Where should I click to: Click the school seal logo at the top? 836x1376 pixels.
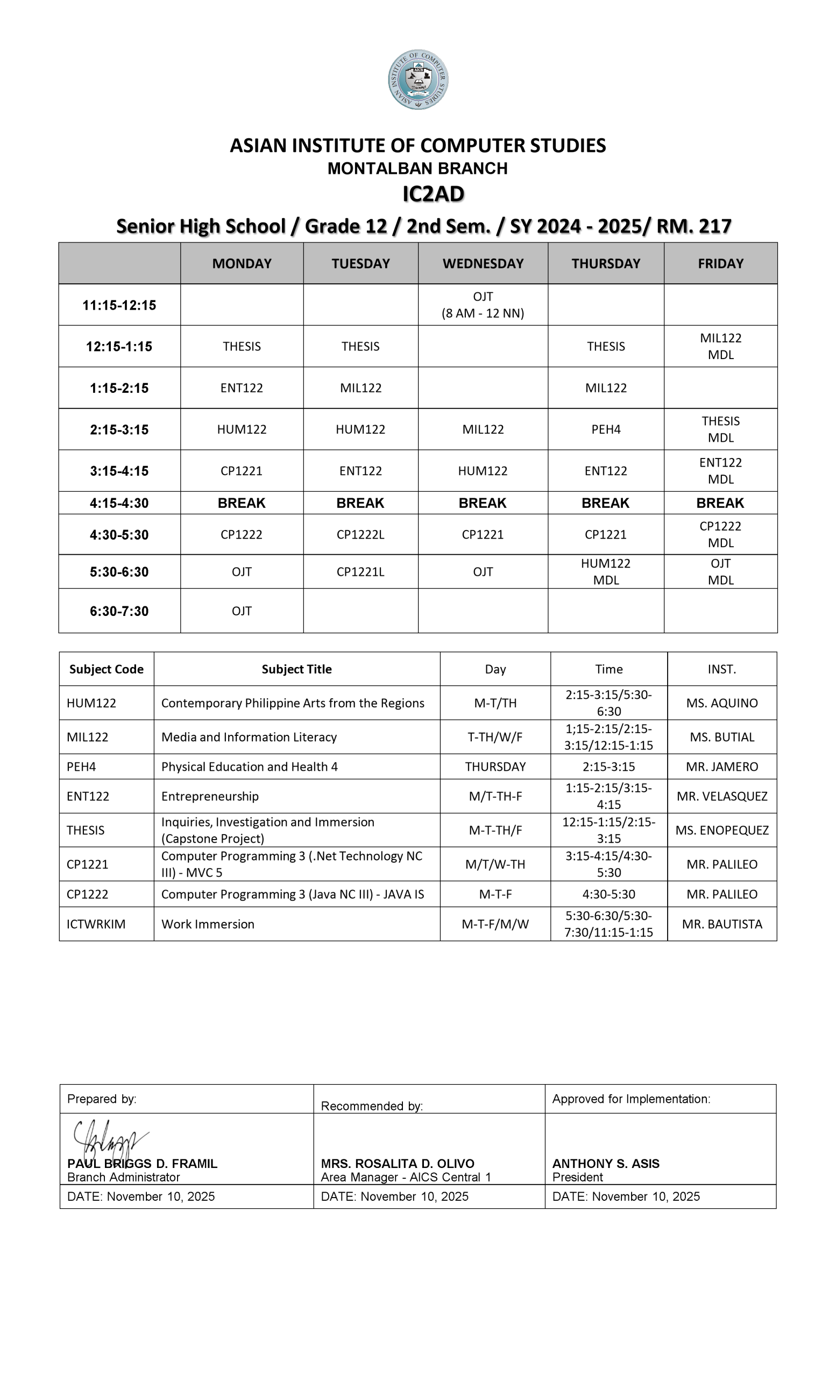[418, 80]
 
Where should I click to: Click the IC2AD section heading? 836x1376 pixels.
[433, 194]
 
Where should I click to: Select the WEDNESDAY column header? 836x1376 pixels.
[483, 263]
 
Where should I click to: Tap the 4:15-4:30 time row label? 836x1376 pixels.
[119, 503]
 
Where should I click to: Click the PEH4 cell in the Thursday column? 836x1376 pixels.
[606, 429]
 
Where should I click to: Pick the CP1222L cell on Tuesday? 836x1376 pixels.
[360, 534]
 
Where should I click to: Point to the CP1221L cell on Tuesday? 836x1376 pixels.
[360, 572]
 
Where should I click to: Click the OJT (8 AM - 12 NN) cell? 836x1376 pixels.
[483, 305]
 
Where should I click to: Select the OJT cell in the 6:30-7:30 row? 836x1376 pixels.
[242, 611]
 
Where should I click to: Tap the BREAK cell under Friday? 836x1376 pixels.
[720, 503]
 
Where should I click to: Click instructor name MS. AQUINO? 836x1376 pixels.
[722, 703]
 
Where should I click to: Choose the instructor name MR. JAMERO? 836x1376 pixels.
[722, 766]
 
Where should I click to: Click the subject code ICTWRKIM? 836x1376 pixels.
[96, 924]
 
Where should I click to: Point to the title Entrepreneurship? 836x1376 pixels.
[210, 797]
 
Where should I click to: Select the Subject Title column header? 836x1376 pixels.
[297, 669]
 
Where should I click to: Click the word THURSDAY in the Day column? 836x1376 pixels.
[495, 766]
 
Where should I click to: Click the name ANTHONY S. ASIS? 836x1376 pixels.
[606, 1164]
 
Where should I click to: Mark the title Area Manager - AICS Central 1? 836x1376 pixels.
[406, 1177]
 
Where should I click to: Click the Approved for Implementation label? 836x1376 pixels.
[632, 1099]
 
